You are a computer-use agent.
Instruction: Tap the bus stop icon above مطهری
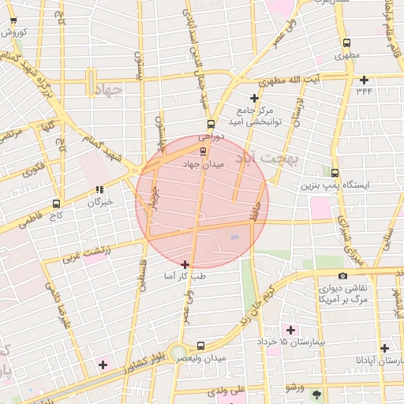point(346,43)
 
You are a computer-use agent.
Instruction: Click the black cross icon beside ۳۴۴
point(364,80)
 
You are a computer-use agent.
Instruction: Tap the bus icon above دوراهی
point(210,124)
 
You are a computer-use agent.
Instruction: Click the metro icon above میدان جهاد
point(204,151)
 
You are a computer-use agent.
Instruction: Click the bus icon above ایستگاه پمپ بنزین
point(335,173)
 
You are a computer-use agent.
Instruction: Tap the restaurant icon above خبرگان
point(99,189)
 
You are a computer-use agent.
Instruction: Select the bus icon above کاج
point(55,203)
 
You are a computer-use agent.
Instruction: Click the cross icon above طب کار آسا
point(185,264)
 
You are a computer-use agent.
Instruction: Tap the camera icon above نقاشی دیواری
point(342,275)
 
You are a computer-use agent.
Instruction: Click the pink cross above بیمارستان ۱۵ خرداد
point(290,329)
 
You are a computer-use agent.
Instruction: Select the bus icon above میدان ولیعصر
point(200,346)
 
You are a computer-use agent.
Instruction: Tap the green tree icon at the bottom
point(317,394)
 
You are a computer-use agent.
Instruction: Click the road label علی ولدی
point(227,390)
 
